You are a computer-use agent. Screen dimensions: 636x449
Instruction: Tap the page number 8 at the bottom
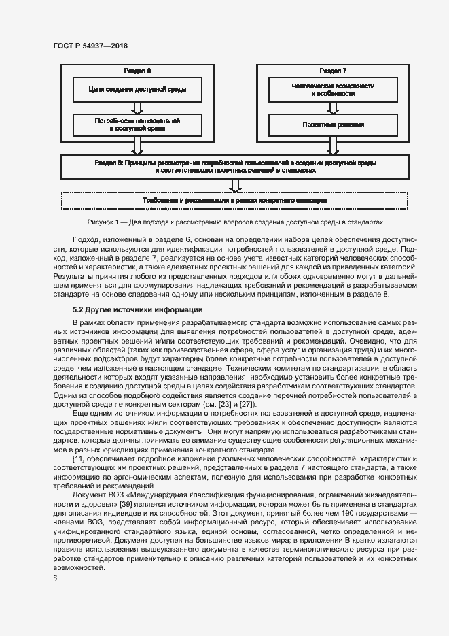(54, 578)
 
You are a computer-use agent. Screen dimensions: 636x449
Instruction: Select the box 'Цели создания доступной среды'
(137, 89)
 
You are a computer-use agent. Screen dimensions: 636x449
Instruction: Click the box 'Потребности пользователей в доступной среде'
(137, 124)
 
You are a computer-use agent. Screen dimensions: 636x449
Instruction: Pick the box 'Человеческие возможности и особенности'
(333, 89)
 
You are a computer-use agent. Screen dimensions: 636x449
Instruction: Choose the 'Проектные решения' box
(333, 124)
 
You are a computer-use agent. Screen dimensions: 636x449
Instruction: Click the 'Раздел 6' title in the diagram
(137, 71)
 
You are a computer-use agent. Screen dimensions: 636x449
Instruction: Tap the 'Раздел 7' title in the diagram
(333, 71)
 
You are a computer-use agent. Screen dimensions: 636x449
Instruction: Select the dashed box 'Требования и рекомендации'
(234, 201)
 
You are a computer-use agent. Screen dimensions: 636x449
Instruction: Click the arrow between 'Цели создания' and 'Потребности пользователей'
(137, 107)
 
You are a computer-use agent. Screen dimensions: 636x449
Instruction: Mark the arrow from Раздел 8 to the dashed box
(234, 184)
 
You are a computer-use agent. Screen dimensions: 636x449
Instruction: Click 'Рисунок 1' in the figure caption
(103, 222)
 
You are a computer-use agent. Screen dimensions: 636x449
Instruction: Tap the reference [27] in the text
(230, 404)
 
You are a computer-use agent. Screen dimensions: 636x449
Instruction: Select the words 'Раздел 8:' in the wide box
(109, 163)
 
